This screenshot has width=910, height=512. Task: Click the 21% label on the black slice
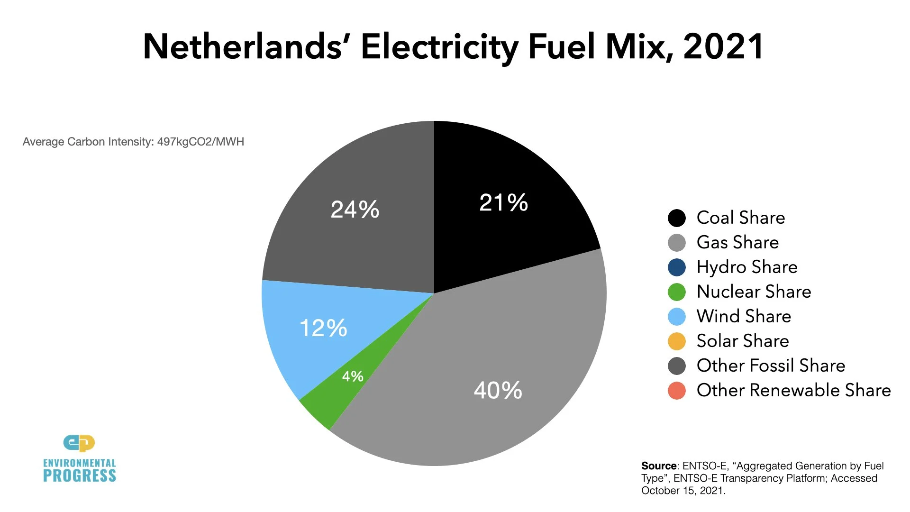tap(503, 202)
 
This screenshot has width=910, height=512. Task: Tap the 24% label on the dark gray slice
tap(355, 210)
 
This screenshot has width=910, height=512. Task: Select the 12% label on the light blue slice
tap(323, 328)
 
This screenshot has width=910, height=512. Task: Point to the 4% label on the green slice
tap(353, 376)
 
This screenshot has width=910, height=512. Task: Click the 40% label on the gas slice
tap(498, 391)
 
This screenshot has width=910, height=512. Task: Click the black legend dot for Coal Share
tap(676, 218)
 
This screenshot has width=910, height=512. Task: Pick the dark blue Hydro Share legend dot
tap(676, 267)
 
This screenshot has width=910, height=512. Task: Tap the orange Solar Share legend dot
tap(676, 341)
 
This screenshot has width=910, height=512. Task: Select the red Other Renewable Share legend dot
tap(676, 391)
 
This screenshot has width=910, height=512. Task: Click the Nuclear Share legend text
tap(754, 292)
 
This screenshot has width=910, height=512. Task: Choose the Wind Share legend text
tap(744, 316)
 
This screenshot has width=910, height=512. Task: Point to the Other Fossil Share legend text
tap(771, 366)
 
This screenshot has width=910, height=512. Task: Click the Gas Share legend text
tap(737, 242)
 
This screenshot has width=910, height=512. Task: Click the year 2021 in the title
tap(723, 47)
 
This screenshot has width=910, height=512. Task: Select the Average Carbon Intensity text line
tap(133, 142)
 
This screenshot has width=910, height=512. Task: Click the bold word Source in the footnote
tap(658, 466)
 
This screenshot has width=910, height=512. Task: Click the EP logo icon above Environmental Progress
tap(79, 443)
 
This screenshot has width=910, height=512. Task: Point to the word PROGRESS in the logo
tap(80, 476)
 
